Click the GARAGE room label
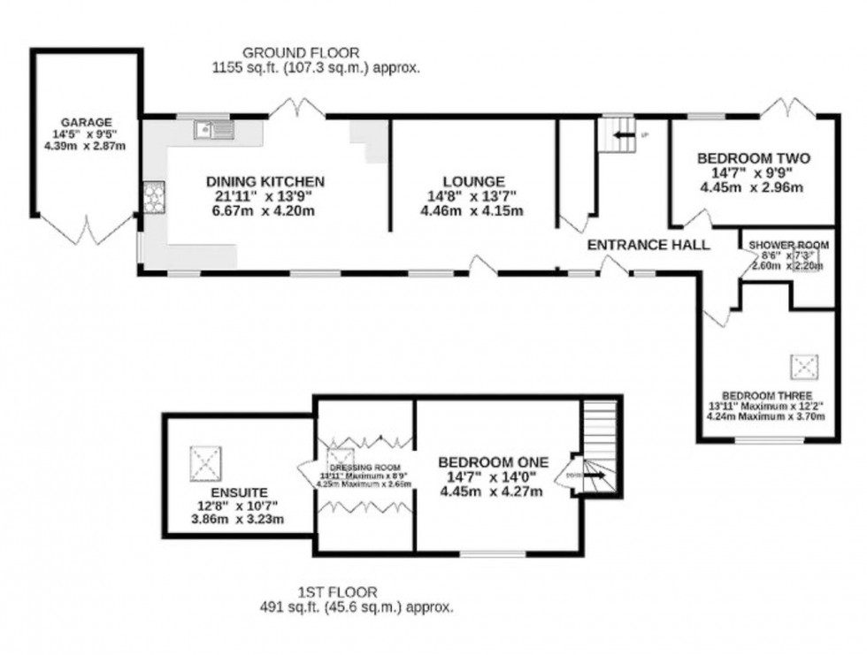tap(86, 122)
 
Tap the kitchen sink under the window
tap(212, 131)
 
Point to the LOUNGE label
tap(476, 182)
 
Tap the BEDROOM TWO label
tap(753, 158)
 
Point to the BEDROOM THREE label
tap(766, 395)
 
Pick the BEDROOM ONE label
tap(494, 461)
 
